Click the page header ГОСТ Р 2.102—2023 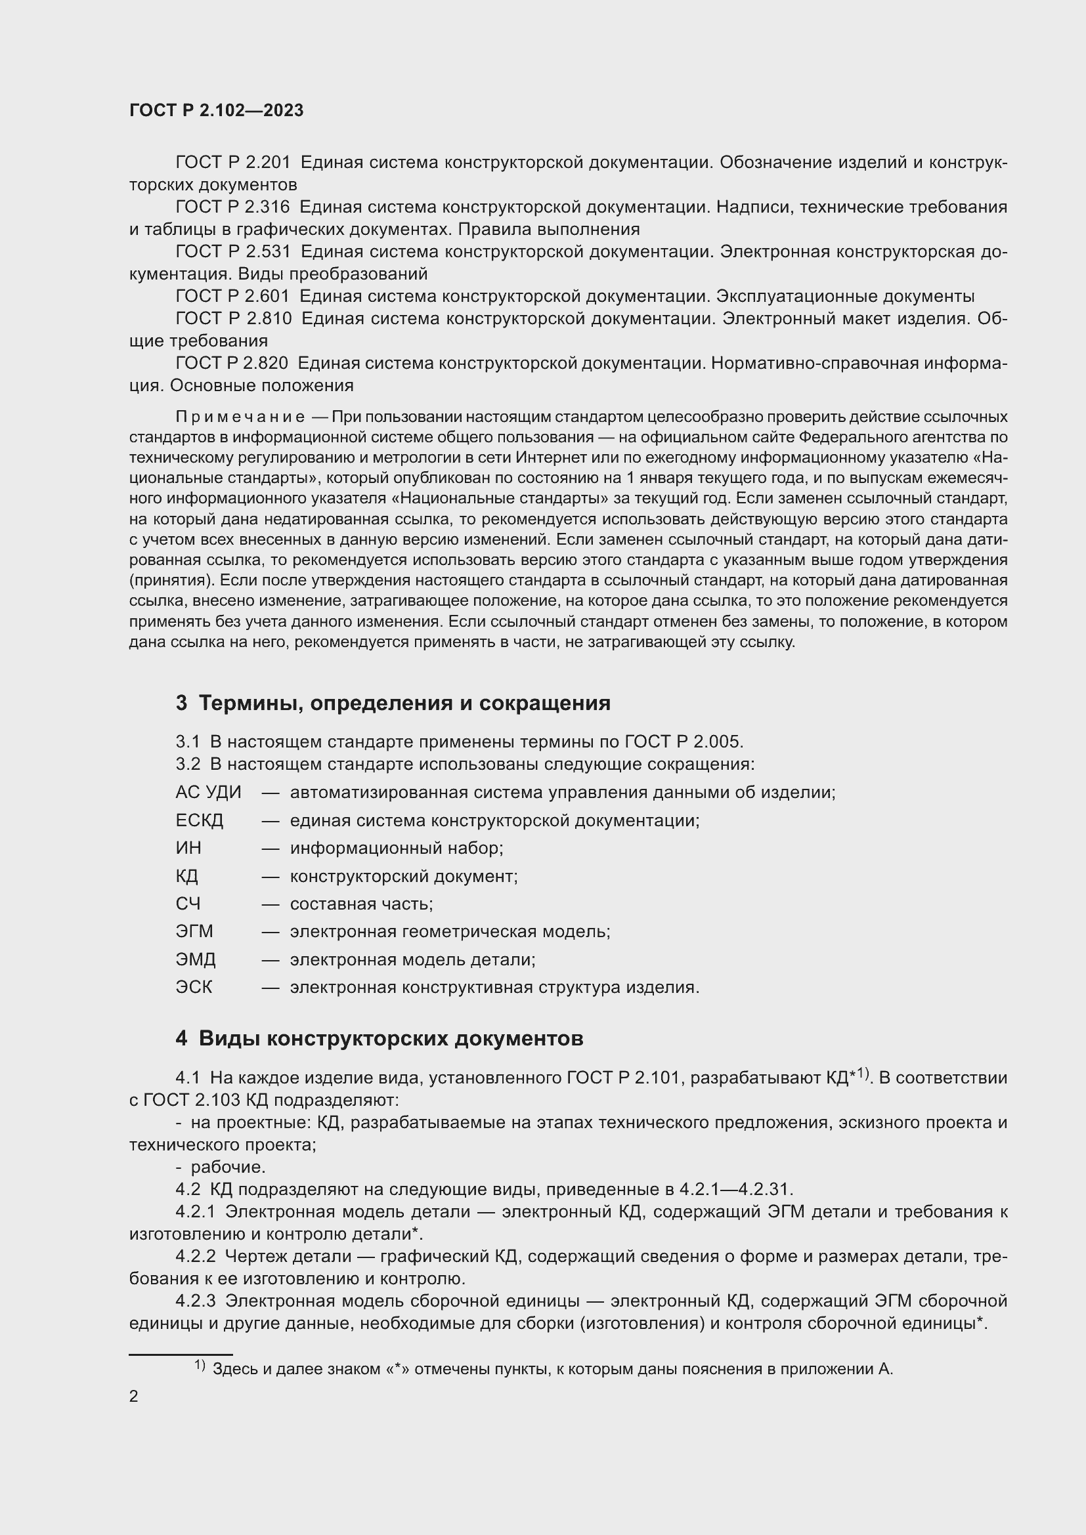216,111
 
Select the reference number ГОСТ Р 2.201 232,163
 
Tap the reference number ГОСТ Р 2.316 232,207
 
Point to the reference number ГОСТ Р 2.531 232,252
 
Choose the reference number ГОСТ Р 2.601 232,296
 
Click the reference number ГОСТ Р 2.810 233,319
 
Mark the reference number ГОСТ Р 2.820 231,364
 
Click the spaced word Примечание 240,417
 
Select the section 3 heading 393,704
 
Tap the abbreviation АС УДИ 208,793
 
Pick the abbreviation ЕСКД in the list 200,821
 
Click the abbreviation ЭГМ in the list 194,932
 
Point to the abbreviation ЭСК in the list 194,988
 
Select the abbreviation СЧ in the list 188,904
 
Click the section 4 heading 379,1039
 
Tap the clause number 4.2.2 195,1257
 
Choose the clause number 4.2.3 195,1301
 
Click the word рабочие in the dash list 227,1167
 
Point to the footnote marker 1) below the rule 200,1366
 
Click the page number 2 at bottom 134,1397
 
